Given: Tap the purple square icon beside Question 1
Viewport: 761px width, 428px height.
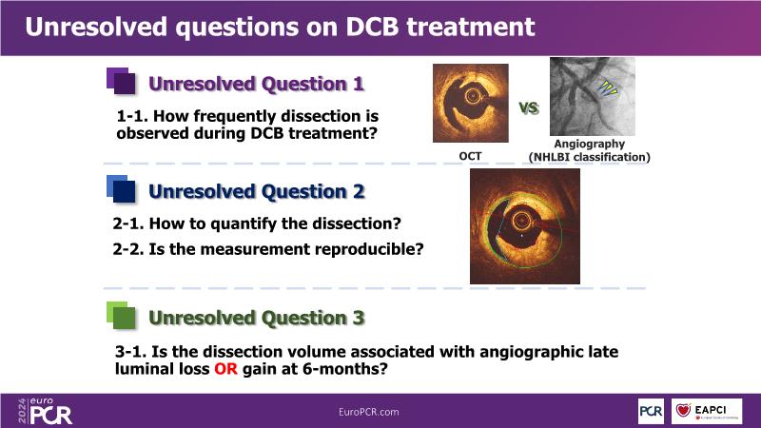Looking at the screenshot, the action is tap(121, 81).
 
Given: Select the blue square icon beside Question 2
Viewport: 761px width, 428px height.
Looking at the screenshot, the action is tap(121, 188).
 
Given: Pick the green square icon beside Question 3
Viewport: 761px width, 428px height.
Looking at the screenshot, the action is tap(121, 316).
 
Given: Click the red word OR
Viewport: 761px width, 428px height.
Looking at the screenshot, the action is tap(225, 369).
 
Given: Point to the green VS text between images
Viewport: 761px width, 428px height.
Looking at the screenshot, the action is tap(529, 107).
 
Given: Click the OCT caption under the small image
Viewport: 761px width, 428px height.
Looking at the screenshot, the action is tap(470, 156).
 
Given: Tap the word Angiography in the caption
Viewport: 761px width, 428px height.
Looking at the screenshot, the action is tap(589, 144).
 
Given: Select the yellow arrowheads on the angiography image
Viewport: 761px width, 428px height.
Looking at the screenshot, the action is tap(607, 87).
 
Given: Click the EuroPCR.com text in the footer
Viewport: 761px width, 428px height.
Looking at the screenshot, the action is tap(369, 412).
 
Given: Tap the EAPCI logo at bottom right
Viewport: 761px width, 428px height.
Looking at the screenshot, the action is tap(707, 411).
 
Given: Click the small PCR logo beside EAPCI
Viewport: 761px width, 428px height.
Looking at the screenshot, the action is tap(651, 411).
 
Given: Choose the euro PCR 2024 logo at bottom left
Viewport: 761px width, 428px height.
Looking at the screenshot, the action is tap(45, 411).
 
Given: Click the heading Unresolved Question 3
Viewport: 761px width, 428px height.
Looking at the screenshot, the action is tap(256, 318).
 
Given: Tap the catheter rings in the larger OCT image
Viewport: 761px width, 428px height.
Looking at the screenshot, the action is tap(520, 222).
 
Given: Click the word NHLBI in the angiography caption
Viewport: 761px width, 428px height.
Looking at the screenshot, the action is tap(552, 157).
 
